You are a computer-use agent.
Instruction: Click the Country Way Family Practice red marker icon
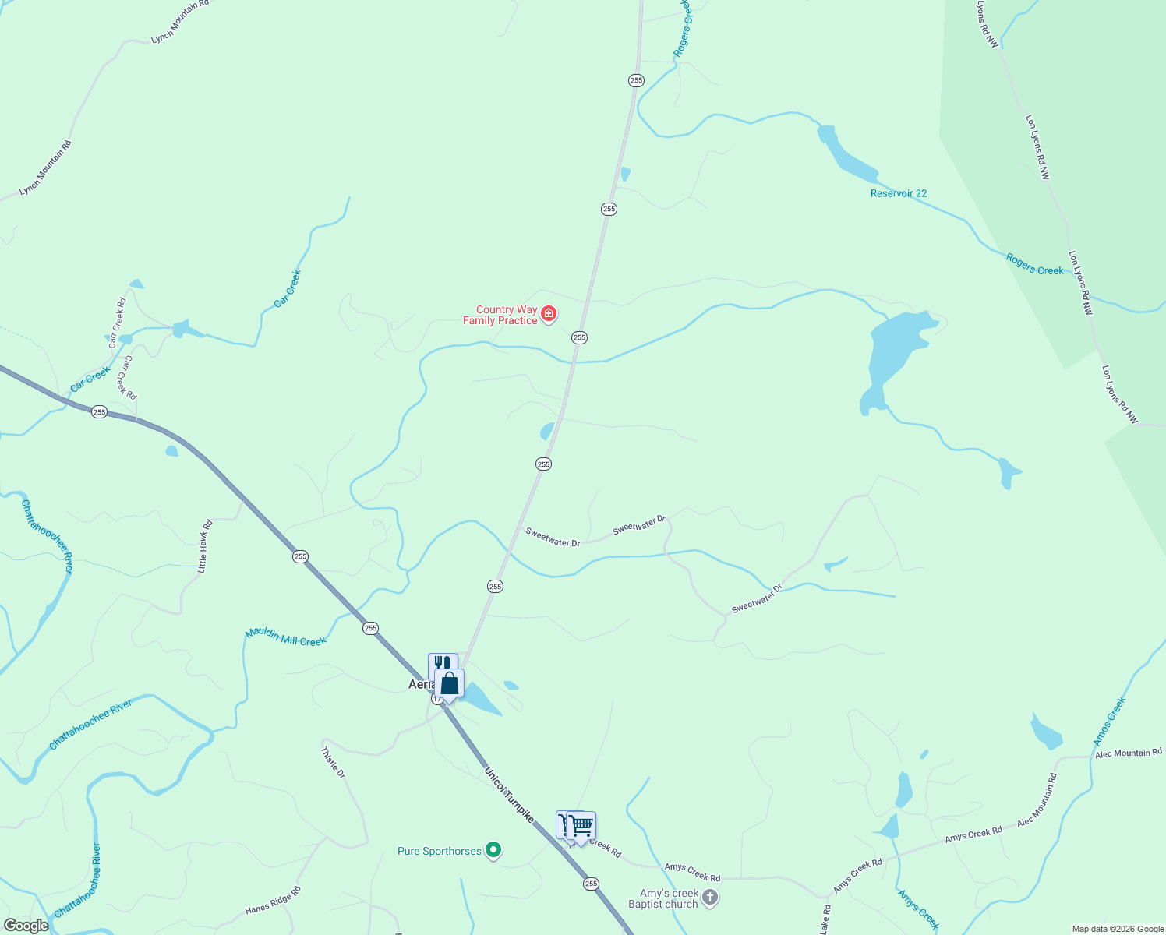click(549, 314)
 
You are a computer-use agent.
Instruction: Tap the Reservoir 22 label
click(899, 193)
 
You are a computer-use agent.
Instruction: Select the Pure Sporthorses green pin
click(493, 850)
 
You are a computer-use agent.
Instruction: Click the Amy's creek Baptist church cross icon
click(709, 898)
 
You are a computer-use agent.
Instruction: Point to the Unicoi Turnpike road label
click(509, 795)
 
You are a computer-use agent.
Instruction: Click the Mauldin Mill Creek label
click(286, 637)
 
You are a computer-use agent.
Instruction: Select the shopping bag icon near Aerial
click(450, 684)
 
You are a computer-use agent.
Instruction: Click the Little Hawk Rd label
click(204, 546)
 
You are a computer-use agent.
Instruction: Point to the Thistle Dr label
click(333, 761)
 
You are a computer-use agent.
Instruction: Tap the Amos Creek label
click(1110, 721)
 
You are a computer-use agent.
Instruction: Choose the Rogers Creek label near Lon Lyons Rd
click(1034, 264)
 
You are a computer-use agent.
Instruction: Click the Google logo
click(26, 926)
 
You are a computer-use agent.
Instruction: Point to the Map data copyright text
click(1117, 929)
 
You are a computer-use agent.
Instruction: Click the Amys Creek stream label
click(918, 909)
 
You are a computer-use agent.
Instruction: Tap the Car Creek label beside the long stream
click(288, 288)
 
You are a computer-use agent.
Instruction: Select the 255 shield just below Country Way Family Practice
click(579, 337)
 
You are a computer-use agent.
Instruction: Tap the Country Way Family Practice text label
click(500, 315)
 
